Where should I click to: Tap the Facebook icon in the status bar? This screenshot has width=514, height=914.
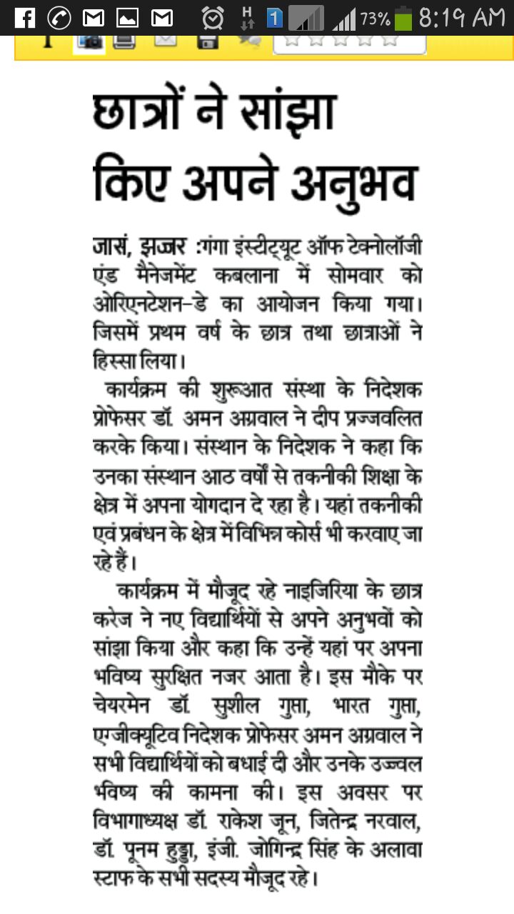(24, 17)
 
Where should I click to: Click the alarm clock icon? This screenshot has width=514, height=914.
(212, 17)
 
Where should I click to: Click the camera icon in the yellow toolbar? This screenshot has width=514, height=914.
(89, 41)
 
